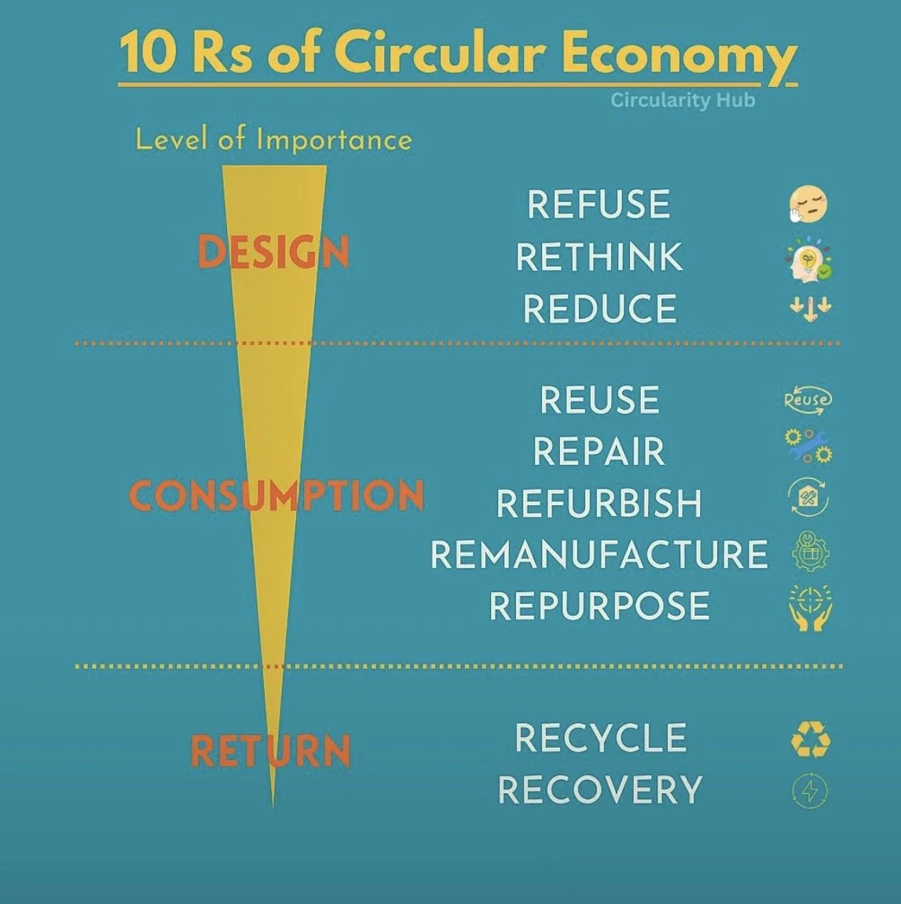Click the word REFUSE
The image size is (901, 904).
(x=599, y=205)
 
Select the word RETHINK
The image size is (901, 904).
(x=599, y=257)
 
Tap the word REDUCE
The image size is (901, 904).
(x=599, y=309)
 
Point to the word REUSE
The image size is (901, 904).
(x=599, y=400)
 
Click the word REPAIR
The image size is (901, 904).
(x=599, y=452)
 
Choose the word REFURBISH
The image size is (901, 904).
(x=599, y=503)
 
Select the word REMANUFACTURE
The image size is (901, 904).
(x=599, y=554)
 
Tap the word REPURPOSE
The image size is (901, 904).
(x=599, y=606)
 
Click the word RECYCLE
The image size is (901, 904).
(x=601, y=738)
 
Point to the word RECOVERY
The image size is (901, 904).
(x=600, y=790)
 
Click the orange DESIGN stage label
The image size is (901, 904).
(x=273, y=253)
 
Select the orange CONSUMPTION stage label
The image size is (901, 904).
(x=277, y=496)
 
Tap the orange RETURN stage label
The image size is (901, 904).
(x=270, y=751)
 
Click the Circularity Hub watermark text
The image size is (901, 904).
(x=683, y=101)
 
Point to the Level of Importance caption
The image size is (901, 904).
(x=273, y=140)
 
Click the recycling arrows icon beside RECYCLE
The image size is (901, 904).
(x=810, y=740)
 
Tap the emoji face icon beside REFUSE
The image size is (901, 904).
(x=808, y=204)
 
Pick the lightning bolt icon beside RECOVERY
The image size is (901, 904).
(x=810, y=790)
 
